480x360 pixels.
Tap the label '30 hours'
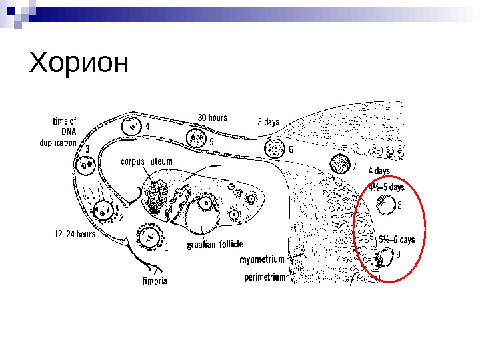click(x=212, y=117)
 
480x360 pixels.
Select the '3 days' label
click(x=268, y=122)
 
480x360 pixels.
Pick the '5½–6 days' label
click(x=397, y=239)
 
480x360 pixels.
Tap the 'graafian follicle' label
click(x=214, y=244)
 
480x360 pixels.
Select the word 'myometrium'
click(x=262, y=259)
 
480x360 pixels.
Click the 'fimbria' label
click(x=154, y=281)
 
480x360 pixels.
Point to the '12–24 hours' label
click(x=74, y=234)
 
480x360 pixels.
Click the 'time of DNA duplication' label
click(x=64, y=131)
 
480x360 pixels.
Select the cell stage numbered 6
click(x=274, y=148)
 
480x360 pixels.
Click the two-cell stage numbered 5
click(x=196, y=138)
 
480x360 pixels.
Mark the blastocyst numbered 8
click(x=385, y=207)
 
